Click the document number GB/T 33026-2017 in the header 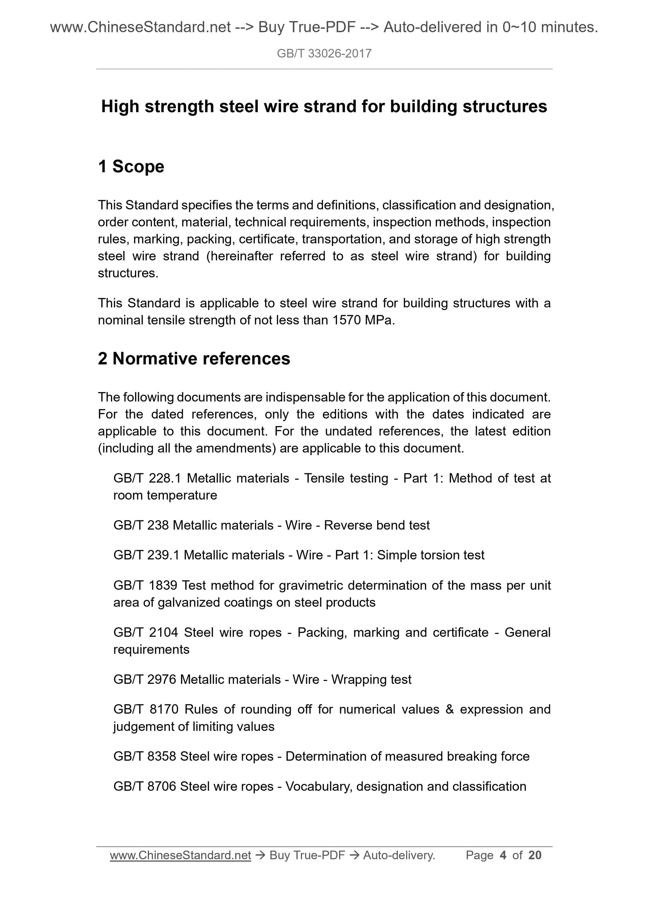click(324, 54)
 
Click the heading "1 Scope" click(131, 167)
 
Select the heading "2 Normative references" click(194, 359)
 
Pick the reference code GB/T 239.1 click(146, 555)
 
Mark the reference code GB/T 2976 click(145, 680)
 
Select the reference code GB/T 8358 click(145, 756)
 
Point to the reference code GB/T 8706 click(145, 786)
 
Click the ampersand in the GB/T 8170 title click(450, 710)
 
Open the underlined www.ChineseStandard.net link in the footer click(180, 855)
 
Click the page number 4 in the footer click(503, 855)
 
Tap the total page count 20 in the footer click(535, 855)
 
